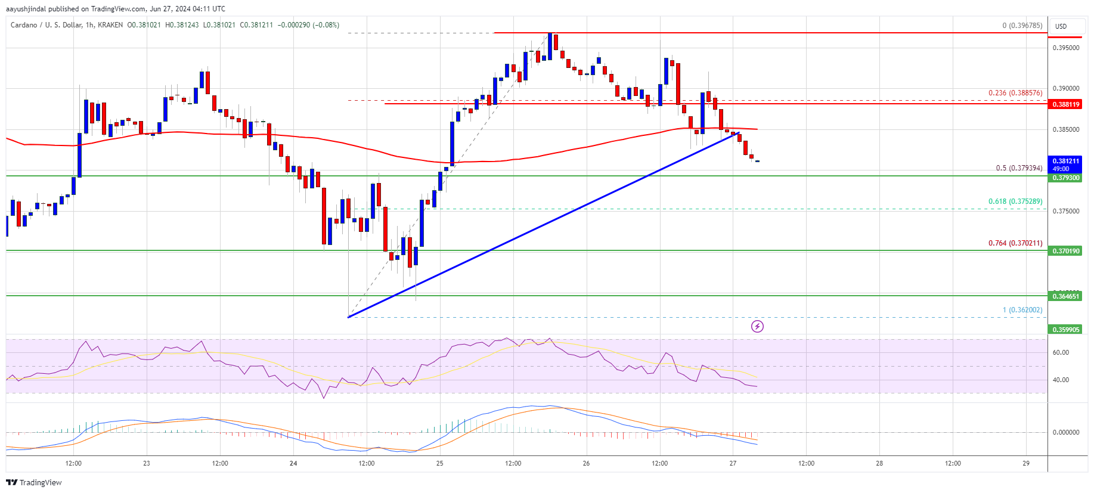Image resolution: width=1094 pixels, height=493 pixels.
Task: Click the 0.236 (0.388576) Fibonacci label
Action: pyautogui.click(x=1015, y=93)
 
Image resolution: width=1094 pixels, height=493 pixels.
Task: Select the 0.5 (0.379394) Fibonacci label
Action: pyautogui.click(x=1019, y=168)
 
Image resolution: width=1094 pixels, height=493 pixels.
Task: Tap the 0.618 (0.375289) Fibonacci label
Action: pyautogui.click(x=1015, y=201)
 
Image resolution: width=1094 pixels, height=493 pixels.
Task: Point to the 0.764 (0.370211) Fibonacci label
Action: pyautogui.click(x=1015, y=243)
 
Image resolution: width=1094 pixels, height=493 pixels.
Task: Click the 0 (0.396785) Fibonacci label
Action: pyautogui.click(x=1022, y=26)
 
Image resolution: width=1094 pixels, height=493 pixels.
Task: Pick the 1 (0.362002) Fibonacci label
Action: pyautogui.click(x=1022, y=310)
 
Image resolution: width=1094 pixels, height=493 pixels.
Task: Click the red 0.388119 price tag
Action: pyautogui.click(x=1065, y=104)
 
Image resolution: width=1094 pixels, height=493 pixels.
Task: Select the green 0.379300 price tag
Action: pyautogui.click(x=1065, y=178)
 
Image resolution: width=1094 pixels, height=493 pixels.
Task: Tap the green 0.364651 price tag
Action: pyautogui.click(x=1065, y=296)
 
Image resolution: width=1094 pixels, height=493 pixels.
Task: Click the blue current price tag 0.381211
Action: pyautogui.click(x=1065, y=162)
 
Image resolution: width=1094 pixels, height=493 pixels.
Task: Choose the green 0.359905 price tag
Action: pyautogui.click(x=1065, y=330)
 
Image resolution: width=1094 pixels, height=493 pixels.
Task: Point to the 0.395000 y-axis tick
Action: pyautogui.click(x=1065, y=48)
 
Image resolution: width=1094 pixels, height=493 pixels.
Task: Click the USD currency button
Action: pyautogui.click(x=1061, y=26)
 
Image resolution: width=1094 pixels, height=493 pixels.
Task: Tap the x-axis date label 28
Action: pyautogui.click(x=879, y=463)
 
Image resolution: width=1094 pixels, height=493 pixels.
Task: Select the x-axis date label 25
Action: pyautogui.click(x=439, y=463)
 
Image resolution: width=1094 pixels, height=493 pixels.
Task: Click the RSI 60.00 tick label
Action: pyautogui.click(x=1061, y=352)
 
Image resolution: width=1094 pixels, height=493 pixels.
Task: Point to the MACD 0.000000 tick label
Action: pyautogui.click(x=1065, y=432)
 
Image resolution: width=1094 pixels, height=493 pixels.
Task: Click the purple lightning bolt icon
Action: pyautogui.click(x=757, y=326)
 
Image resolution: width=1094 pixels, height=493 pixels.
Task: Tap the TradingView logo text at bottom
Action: pyautogui.click(x=35, y=482)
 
